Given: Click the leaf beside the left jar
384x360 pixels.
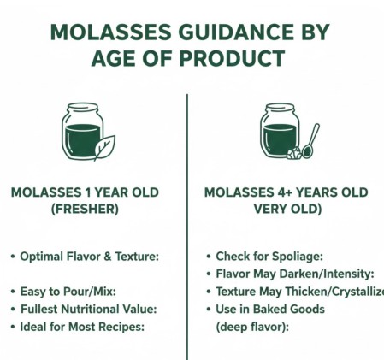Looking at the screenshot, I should point(103,148).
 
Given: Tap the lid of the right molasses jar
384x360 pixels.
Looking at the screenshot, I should point(279,109).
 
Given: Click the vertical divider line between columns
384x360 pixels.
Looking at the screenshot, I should point(186,222).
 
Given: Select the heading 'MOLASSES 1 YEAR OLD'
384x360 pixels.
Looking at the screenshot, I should point(85,192).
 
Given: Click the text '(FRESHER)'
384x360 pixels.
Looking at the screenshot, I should point(85,210).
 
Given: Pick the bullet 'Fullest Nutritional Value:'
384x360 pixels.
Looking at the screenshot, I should point(89,309).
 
